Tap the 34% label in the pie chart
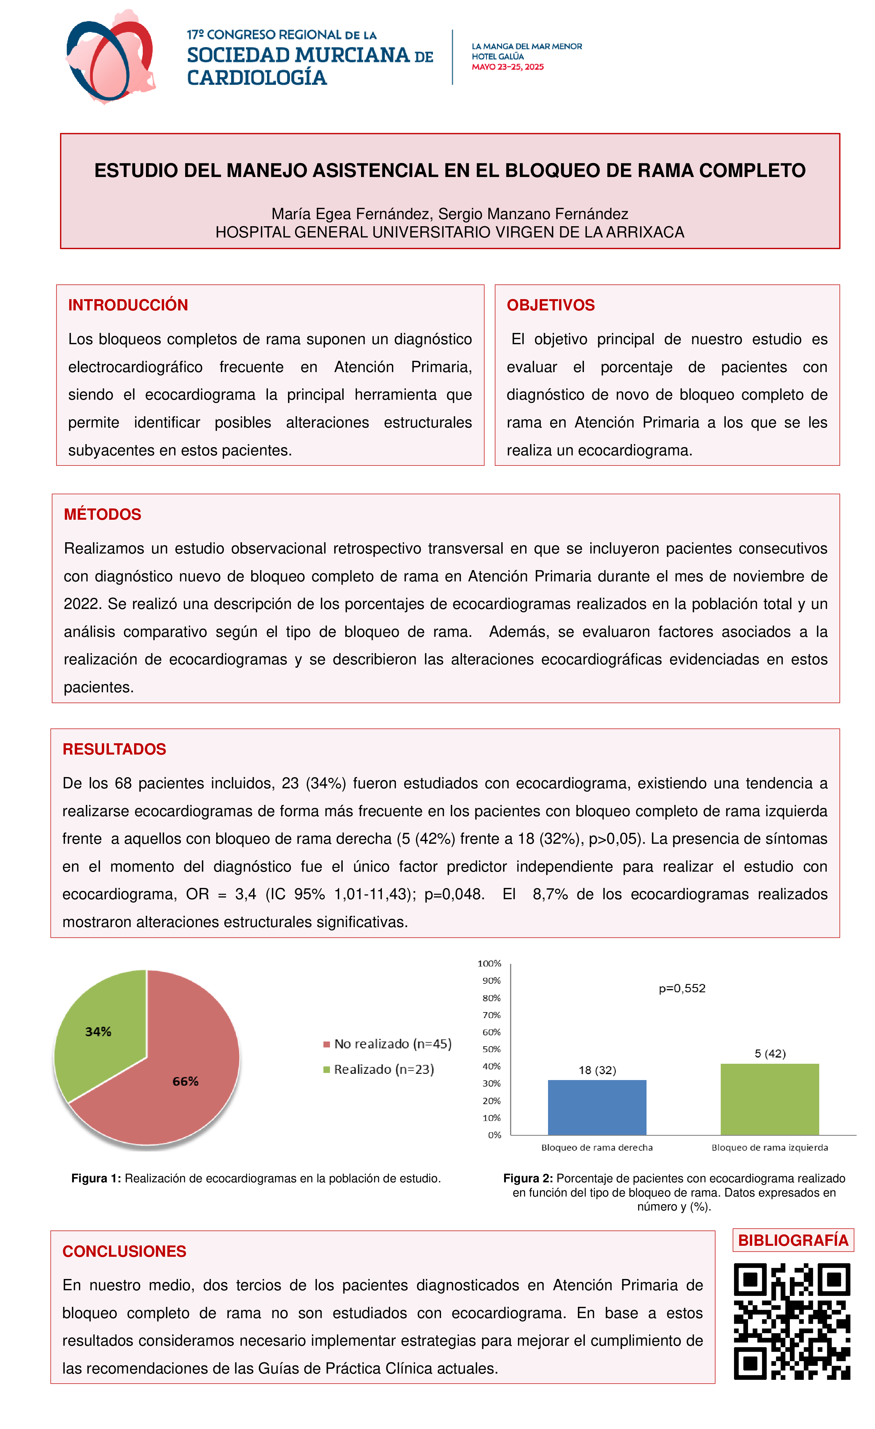click(x=98, y=1032)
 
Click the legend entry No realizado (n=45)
click(x=387, y=1044)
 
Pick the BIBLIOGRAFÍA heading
click(x=793, y=1240)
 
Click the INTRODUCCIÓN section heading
click(x=128, y=305)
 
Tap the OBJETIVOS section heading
click(x=550, y=305)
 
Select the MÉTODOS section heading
click(x=102, y=514)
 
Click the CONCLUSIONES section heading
click(x=124, y=1251)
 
